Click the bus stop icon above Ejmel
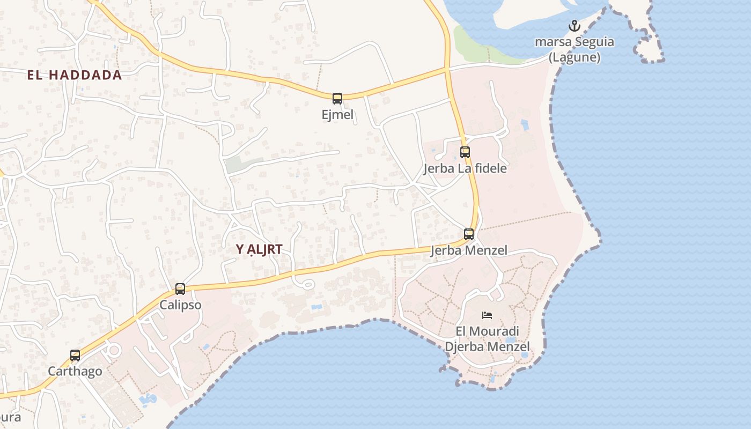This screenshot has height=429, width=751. click(x=337, y=98)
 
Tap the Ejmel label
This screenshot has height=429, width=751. click(x=337, y=114)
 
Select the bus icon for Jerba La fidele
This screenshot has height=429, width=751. click(x=465, y=152)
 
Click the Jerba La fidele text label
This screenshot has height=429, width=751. click(x=465, y=168)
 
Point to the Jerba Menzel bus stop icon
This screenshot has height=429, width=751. click(x=469, y=234)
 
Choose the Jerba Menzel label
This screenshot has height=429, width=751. click(x=469, y=250)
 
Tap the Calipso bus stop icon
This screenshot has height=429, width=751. click(x=180, y=289)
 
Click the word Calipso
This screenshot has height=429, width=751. click(x=180, y=305)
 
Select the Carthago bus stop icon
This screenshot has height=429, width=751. click(x=75, y=355)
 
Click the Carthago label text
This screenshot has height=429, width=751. click(x=75, y=371)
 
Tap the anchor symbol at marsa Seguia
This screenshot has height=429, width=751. click(x=575, y=26)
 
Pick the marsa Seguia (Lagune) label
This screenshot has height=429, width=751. click(x=575, y=49)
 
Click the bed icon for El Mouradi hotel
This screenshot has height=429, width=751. click(x=487, y=315)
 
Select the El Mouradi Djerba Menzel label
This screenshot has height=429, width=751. click(x=487, y=339)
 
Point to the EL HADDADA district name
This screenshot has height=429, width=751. click(x=75, y=75)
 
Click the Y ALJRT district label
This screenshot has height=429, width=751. click(x=259, y=249)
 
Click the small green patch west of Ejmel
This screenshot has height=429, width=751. click(x=236, y=165)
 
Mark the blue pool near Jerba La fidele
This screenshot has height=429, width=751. click(x=524, y=125)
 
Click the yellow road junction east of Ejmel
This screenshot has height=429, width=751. click(x=447, y=70)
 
